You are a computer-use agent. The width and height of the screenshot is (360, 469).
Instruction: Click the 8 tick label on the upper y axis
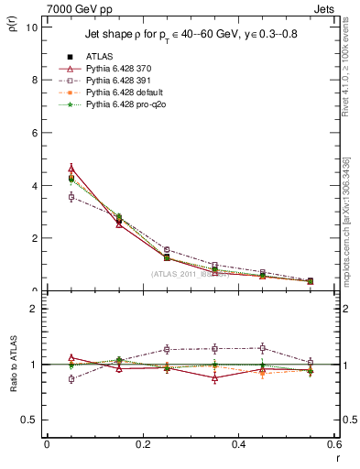click(x=34, y=80)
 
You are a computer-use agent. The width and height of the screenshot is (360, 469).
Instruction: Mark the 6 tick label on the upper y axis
click(x=34, y=133)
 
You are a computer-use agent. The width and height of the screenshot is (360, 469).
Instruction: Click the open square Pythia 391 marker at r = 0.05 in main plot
click(x=71, y=197)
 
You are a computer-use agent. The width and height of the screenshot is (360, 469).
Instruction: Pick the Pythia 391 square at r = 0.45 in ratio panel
click(x=263, y=348)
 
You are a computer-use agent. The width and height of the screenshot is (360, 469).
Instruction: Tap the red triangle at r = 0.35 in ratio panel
click(x=214, y=377)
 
